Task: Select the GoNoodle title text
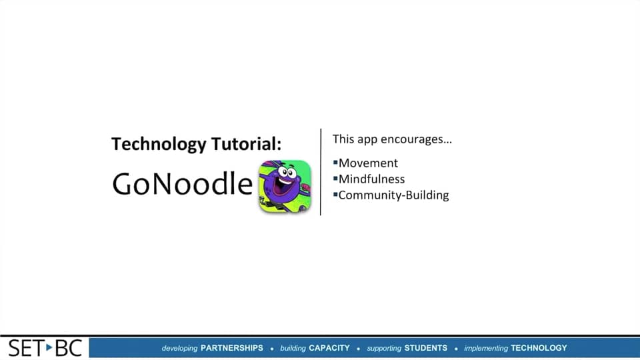183,184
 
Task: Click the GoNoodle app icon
285,187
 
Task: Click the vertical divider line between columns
321,172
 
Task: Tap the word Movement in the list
368,163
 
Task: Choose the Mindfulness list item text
371,179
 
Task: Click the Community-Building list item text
393,195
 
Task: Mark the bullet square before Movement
335,162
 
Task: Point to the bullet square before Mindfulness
335,178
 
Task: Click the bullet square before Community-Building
335,194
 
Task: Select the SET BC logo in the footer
45,347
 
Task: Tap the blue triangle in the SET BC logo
49,347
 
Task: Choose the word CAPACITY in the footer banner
329,348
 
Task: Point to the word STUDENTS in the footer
426,348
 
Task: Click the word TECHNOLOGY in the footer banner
539,348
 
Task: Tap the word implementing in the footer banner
486,348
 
